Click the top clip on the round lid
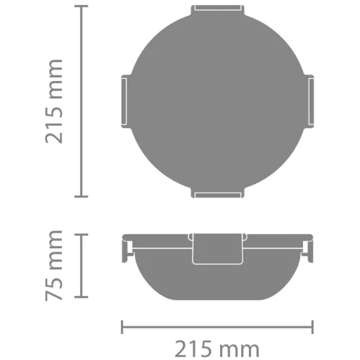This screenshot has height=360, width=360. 217,9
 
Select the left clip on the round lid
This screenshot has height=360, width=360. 126,101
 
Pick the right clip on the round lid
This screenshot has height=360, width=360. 309,101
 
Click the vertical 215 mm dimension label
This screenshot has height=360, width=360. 53,101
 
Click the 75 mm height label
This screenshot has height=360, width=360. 53,265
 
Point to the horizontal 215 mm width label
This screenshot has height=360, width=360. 217,349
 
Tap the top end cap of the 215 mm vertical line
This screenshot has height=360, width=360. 82,6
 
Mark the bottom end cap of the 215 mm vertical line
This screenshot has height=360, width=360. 82,196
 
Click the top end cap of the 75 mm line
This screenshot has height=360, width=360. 82,234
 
